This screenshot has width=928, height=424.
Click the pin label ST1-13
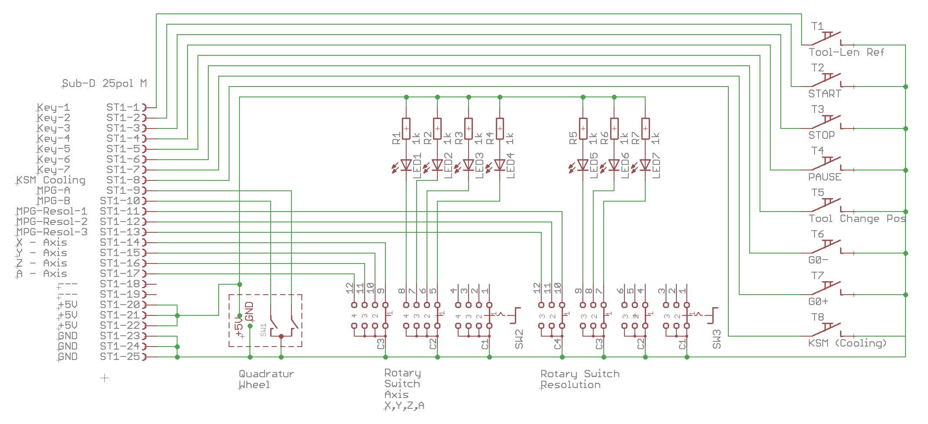(x=120, y=232)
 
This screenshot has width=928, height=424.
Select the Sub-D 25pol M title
(x=104, y=84)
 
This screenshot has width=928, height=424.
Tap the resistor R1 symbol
(x=406, y=129)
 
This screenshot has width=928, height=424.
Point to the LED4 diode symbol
(x=500, y=165)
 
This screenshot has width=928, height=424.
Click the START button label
(x=825, y=94)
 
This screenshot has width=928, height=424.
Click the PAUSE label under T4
(x=825, y=177)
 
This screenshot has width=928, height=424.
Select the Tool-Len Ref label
(x=846, y=52)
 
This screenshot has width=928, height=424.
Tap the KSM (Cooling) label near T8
(x=847, y=344)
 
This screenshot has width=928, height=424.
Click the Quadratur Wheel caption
(x=266, y=379)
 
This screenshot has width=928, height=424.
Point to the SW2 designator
(x=519, y=339)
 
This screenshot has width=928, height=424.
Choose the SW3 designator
(x=717, y=339)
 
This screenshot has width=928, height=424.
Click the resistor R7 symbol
(x=645, y=129)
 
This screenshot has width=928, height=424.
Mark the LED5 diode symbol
(x=583, y=165)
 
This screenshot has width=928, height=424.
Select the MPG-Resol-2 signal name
(x=52, y=222)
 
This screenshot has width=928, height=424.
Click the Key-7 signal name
(x=53, y=170)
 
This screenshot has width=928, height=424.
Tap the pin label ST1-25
(x=120, y=357)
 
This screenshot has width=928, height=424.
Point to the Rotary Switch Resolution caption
(x=580, y=379)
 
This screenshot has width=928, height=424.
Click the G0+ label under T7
(x=818, y=302)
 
